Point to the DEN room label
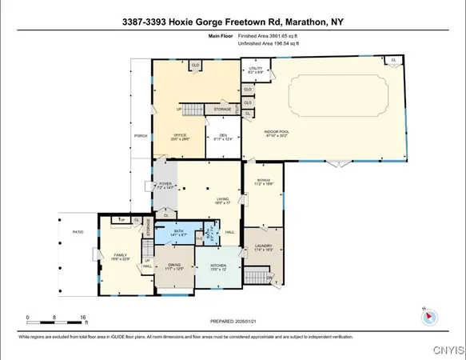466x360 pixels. (x=224, y=135)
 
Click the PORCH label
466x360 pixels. (x=141, y=135)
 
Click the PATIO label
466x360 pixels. (x=78, y=232)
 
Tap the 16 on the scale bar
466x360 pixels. (x=83, y=318)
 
